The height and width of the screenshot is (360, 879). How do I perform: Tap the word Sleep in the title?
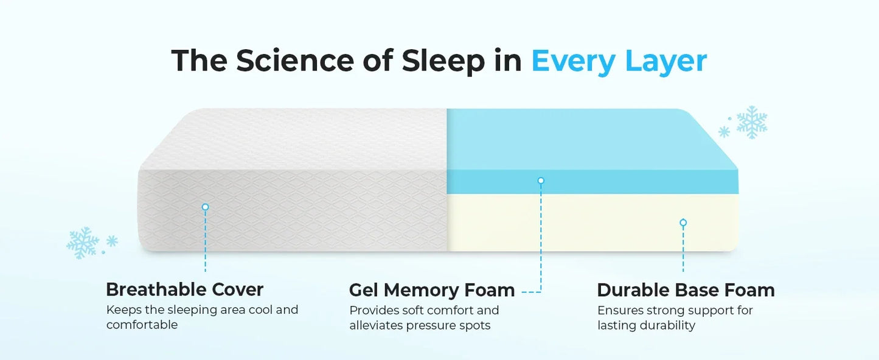[x=443, y=61]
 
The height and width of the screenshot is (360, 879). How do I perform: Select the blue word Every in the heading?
[x=572, y=61]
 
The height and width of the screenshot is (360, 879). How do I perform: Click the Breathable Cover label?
[x=184, y=289]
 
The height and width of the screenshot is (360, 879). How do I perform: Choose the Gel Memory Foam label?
[x=432, y=290]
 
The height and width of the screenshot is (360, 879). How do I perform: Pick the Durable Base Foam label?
[x=686, y=290]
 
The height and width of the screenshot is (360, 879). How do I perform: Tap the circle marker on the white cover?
[x=205, y=207]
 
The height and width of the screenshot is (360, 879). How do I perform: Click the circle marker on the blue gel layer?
[x=541, y=181]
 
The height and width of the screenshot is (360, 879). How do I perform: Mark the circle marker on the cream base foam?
[x=683, y=223]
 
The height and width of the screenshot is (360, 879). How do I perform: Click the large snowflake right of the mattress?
[x=752, y=122]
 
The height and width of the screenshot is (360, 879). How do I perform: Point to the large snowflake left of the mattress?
[x=83, y=243]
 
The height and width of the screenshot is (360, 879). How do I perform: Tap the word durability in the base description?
[x=667, y=325]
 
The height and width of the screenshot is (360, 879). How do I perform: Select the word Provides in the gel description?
[x=373, y=310]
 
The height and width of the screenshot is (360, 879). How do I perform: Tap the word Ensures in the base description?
[x=620, y=310]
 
